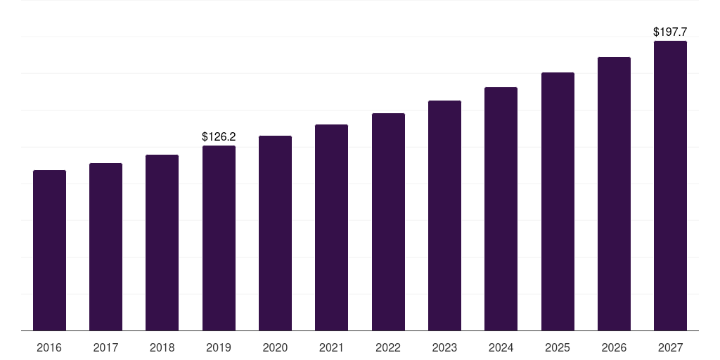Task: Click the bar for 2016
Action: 49,250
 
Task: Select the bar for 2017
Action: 105,247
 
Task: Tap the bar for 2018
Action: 162,243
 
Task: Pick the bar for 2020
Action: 275,233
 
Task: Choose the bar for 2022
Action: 388,221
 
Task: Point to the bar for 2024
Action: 501,209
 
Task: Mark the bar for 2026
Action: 614,193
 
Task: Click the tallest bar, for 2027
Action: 670,186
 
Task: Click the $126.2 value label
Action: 219,136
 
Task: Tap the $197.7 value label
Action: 670,32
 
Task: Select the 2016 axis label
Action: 49,348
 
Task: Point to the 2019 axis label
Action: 219,348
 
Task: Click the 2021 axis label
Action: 331,348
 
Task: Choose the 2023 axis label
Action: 444,348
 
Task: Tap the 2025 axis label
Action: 558,348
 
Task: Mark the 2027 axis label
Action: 670,348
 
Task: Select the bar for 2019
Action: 219,238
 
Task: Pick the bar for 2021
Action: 331,227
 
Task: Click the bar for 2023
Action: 444,215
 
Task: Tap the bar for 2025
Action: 558,201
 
